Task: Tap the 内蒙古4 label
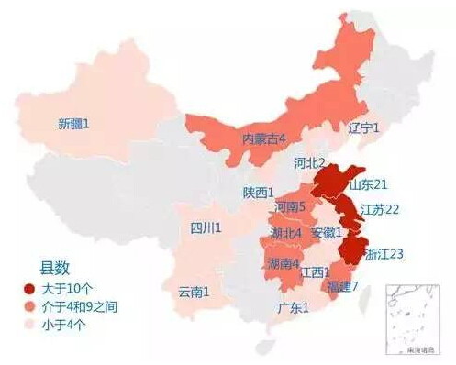pyautogui.click(x=264, y=138)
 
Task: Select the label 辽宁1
pyautogui.click(x=364, y=128)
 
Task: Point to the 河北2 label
pyautogui.click(x=309, y=162)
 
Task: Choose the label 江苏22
pyautogui.click(x=380, y=209)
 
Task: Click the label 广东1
pyautogui.click(x=294, y=308)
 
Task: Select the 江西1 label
pyautogui.click(x=315, y=271)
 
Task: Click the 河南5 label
pyautogui.click(x=290, y=207)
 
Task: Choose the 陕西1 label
pyautogui.click(x=259, y=193)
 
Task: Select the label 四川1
pyautogui.click(x=205, y=227)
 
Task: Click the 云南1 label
pyautogui.click(x=194, y=292)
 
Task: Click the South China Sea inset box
pyautogui.click(x=417, y=321)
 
